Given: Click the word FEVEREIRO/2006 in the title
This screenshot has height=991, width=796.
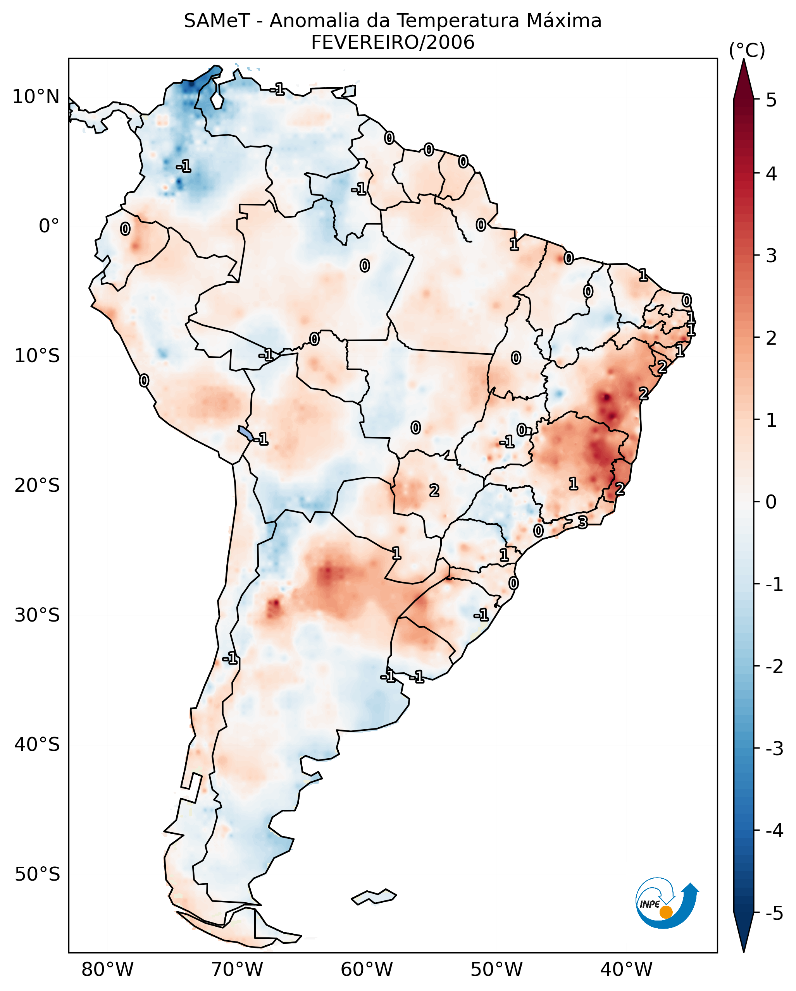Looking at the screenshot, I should tap(393, 43).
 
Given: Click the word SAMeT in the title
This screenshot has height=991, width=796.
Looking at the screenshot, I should tap(217, 21).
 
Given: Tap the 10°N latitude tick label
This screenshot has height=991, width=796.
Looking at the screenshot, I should tap(36, 97).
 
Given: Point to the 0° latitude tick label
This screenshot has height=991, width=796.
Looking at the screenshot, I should tap(49, 226).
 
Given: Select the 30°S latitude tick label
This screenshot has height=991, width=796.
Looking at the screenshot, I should tap(37, 615).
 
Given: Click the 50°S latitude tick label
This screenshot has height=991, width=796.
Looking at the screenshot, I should tap(37, 874).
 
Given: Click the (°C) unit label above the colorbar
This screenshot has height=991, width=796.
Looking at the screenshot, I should tap(747, 51).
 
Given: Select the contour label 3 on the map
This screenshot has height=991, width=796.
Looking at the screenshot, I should tap(582, 522).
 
